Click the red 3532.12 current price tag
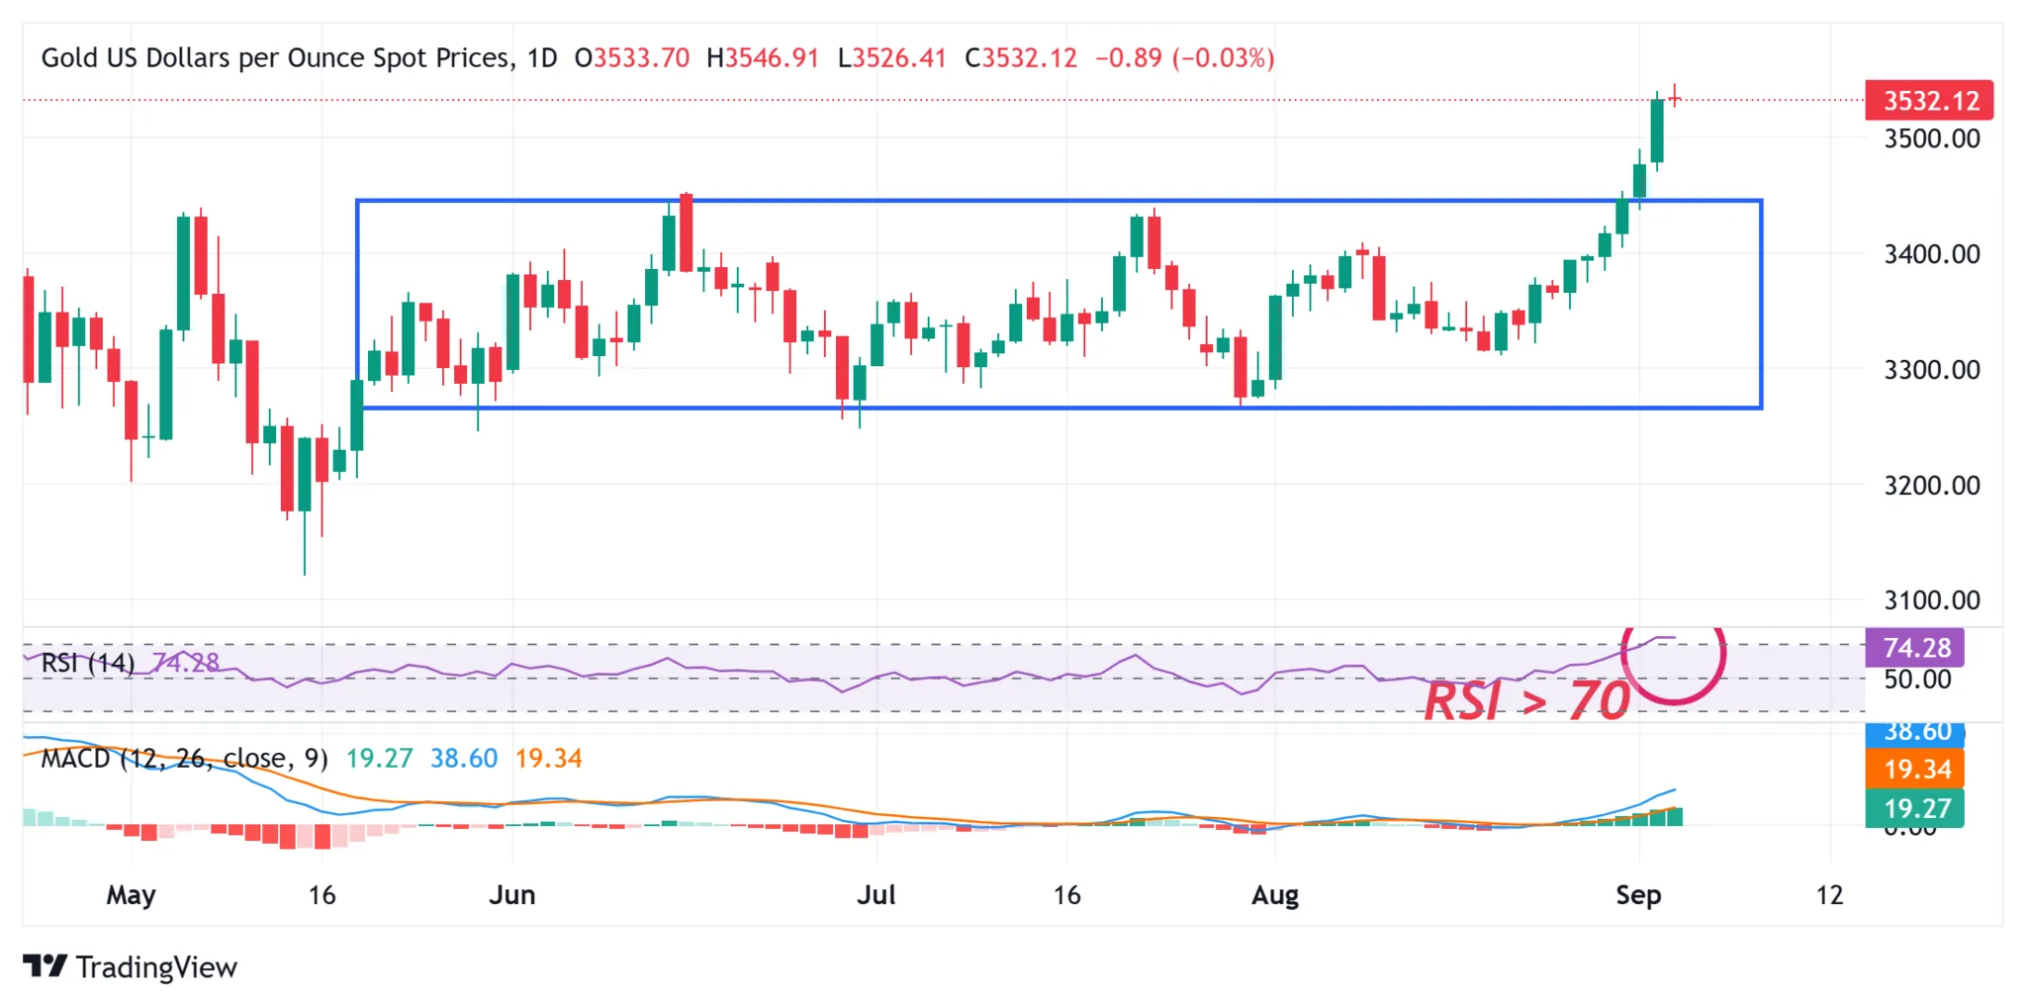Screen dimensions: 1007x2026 [1929, 101]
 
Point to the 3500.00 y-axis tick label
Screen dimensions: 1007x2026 [1931, 138]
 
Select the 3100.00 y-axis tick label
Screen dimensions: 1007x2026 [1931, 600]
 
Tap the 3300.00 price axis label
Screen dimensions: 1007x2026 [1931, 370]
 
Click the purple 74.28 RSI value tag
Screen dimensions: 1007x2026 [1915, 648]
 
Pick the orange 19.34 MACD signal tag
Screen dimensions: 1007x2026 [1915, 769]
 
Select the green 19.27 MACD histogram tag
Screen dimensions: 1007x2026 [1915, 808]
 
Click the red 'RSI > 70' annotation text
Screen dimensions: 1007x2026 [1525, 700]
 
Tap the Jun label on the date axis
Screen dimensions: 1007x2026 [512, 895]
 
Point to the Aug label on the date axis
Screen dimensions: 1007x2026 [1274, 895]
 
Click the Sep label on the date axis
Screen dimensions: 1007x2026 [1638, 895]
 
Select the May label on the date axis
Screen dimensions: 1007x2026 [131, 895]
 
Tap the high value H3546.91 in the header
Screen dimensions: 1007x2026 [763, 58]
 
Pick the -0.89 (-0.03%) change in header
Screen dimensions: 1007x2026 [1184, 58]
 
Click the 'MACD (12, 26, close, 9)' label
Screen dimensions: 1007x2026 [184, 759]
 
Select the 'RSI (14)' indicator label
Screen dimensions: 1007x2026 [87, 663]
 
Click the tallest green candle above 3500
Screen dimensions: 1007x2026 [1657, 131]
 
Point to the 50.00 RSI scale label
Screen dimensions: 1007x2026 [1916, 680]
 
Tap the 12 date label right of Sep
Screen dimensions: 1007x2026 [1829, 895]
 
